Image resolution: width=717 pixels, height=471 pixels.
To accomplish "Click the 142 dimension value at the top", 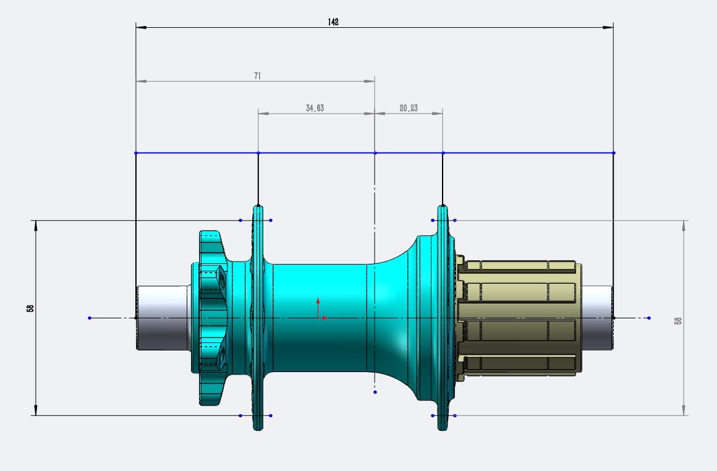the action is pos(333,22).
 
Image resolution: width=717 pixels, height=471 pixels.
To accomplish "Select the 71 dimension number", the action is pos(258,75).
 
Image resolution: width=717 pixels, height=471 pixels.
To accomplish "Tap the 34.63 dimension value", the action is pos(315,108).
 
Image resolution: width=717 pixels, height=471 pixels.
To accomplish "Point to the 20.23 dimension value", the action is pos(409,108).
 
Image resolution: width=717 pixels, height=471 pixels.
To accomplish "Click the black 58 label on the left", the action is pos(30,308).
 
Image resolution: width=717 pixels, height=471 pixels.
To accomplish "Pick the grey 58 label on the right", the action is pos(678,321).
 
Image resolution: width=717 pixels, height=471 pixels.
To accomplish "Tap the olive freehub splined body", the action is pos(519,318).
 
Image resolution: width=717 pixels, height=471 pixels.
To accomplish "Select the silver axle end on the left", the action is pos(163,318).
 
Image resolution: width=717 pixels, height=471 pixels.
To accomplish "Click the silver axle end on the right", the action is pos(598,318).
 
